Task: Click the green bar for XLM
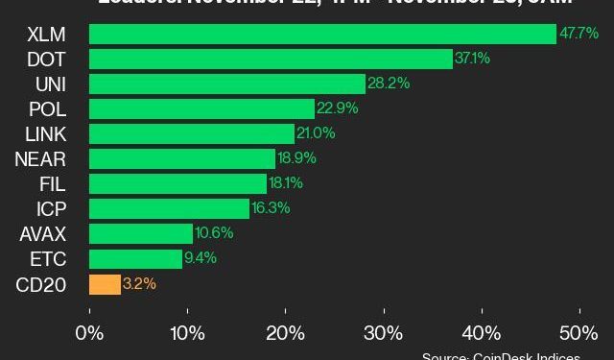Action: pos(322,35)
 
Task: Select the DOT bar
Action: pos(271,60)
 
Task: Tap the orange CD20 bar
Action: pos(105,284)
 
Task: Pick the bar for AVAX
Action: pos(141,234)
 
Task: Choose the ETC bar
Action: pos(135,259)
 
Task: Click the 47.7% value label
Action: pos(579,35)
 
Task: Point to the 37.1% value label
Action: pos(473,60)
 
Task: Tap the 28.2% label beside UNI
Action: pos(388,84)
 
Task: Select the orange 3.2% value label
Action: pos(140,284)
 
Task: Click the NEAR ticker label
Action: pos(41,159)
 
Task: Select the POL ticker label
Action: pos(47,109)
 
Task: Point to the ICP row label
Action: pos(51,209)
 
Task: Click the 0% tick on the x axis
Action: pos(89,333)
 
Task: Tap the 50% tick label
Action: pos(579,333)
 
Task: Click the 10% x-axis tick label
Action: pos(188,333)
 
